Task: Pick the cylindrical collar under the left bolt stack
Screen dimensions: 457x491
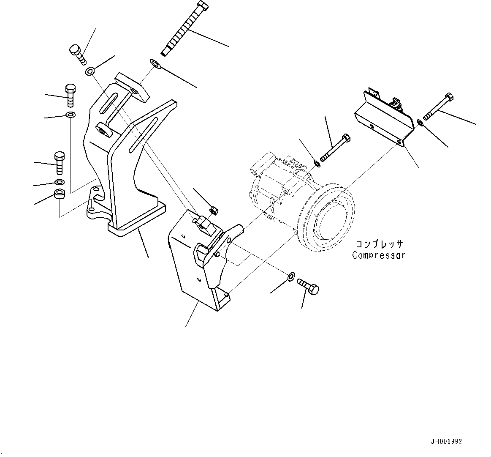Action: pyautogui.click(x=60, y=195)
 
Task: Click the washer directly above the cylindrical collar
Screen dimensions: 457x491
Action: pyautogui.click(x=60, y=182)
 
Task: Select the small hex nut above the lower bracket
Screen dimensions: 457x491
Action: pyautogui.click(x=214, y=210)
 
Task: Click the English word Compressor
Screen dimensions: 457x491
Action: pyautogui.click(x=378, y=255)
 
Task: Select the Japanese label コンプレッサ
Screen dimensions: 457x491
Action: pyautogui.click(x=379, y=245)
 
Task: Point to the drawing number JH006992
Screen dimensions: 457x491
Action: pyautogui.click(x=446, y=441)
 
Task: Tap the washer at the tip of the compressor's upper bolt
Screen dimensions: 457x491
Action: pyautogui.click(x=317, y=163)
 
